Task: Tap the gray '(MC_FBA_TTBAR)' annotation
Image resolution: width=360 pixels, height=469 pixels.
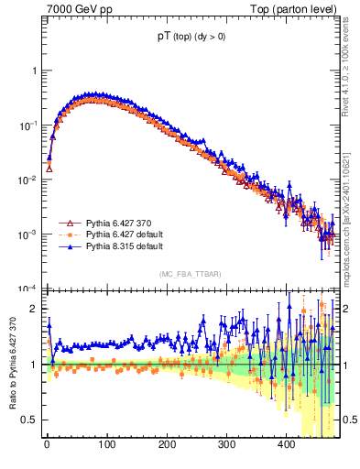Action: [x=192, y=274]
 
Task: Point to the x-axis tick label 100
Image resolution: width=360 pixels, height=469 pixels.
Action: [x=106, y=445]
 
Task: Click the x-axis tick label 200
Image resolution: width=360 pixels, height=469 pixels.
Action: [x=166, y=445]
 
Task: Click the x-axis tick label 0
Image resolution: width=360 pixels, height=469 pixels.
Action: [x=47, y=445]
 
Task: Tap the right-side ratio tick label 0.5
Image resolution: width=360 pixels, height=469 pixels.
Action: [x=349, y=420]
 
